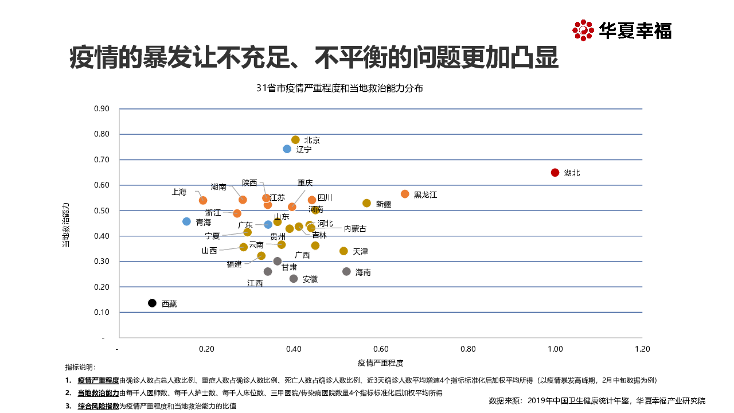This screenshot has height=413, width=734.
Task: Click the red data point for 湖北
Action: click(x=555, y=173)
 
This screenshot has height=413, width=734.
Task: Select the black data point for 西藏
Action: click(x=152, y=303)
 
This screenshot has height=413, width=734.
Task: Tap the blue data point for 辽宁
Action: click(x=287, y=149)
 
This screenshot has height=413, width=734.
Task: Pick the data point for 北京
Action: click(x=295, y=140)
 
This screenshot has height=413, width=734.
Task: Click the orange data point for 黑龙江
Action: click(x=405, y=194)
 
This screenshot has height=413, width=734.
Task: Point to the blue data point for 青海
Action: click(x=186, y=221)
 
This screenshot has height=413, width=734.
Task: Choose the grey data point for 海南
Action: click(x=346, y=271)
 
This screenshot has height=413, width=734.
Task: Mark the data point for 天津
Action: click(x=343, y=251)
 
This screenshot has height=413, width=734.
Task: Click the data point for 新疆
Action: click(x=366, y=203)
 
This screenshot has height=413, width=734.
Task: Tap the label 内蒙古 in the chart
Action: click(x=355, y=228)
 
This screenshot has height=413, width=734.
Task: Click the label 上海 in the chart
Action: click(x=179, y=192)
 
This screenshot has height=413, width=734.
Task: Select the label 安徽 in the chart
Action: click(x=310, y=279)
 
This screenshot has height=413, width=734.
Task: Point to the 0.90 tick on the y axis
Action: click(x=101, y=109)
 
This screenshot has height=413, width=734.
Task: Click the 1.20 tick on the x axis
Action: click(x=642, y=349)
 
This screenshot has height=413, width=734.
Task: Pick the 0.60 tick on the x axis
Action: click(x=381, y=349)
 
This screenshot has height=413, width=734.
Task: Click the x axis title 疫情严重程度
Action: click(x=381, y=363)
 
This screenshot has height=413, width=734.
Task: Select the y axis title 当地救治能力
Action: click(x=66, y=224)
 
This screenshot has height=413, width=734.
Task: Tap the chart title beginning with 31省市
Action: click(x=340, y=88)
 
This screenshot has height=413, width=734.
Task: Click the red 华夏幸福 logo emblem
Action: click(x=583, y=30)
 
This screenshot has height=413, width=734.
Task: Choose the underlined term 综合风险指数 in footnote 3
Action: click(x=99, y=406)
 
